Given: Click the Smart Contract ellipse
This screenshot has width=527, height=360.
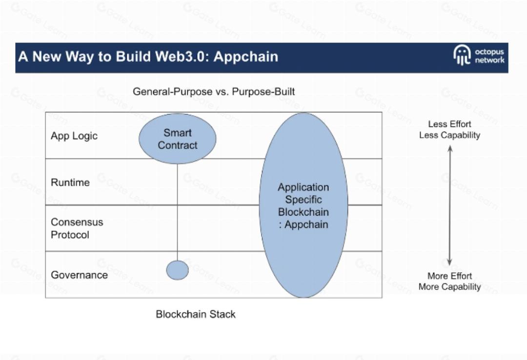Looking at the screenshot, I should [177, 139].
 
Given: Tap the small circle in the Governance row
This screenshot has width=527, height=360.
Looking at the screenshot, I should [177, 270].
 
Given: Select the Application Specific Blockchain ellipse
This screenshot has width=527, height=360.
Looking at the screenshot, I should [303, 205].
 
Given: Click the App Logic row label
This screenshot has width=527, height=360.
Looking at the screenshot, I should [74, 136].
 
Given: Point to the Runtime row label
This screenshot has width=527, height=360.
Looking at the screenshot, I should [70, 182].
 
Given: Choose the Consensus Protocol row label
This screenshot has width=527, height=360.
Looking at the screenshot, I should [77, 228].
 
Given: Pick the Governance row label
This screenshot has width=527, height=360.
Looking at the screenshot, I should [79, 275].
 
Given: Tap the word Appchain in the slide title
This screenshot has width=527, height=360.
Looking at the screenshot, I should [246, 57].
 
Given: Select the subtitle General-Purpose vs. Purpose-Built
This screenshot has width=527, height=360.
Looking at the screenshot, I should [214, 92].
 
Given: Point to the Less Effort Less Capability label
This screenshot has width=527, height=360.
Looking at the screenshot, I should [449, 130].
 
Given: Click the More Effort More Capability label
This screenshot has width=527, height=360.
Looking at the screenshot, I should [449, 281].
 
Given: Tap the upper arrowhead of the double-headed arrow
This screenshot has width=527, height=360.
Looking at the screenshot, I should [450, 148].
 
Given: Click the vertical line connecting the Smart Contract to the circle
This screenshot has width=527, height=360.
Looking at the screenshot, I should [177, 210].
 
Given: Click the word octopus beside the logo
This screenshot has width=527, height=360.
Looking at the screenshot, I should [489, 52].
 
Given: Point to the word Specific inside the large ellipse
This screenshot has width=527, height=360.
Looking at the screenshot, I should [303, 200].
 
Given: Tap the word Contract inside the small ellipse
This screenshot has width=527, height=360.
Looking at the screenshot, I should [178, 145].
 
